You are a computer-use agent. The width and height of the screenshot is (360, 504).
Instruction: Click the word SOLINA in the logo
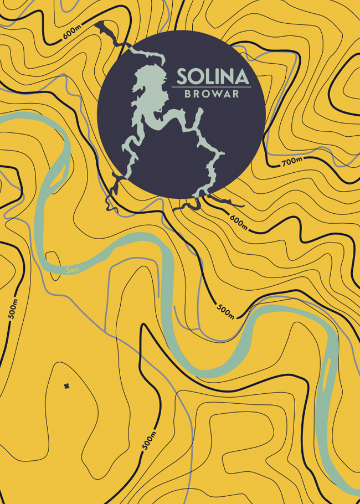[x=212, y=76]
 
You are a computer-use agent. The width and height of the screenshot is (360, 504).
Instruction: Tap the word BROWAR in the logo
[x=212, y=94]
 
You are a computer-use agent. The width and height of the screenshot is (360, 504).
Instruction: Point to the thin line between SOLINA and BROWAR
[x=212, y=87]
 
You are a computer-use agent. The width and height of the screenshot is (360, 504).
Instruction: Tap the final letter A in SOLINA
[x=241, y=76]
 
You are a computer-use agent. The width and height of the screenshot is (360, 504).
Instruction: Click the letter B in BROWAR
[x=187, y=94]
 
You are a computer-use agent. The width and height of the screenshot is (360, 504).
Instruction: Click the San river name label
[x=70, y=270]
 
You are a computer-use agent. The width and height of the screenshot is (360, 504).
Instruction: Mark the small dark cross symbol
[x=66, y=385]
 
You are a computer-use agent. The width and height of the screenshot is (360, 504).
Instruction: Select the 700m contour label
[x=291, y=162]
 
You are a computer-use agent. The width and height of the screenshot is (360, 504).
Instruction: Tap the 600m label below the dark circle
[x=239, y=221]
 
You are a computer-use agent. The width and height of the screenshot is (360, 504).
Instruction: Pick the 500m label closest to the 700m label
[x=225, y=311]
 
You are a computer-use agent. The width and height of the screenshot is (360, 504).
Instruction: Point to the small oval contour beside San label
[x=53, y=259]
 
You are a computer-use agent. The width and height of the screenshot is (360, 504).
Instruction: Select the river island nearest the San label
[x=56, y=174]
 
